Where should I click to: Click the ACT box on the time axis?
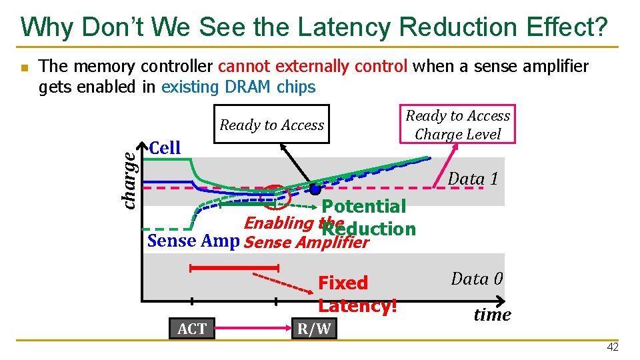tap(192, 328)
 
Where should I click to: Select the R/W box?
tap(314, 328)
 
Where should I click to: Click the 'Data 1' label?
tap(473, 179)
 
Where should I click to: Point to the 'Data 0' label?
tap(477, 279)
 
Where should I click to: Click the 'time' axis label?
tap(492, 315)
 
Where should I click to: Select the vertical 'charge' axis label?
tap(131, 176)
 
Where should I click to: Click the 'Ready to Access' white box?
tap(271, 125)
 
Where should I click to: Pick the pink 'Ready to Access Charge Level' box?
tap(457, 125)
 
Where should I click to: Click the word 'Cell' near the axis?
tap(165, 148)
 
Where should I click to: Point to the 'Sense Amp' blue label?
tap(193, 241)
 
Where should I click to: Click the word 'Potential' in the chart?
tap(363, 207)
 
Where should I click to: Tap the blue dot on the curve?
tap(314, 189)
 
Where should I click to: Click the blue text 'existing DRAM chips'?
tap(238, 87)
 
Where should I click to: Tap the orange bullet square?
tap(24, 68)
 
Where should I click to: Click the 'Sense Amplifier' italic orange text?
tap(306, 243)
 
